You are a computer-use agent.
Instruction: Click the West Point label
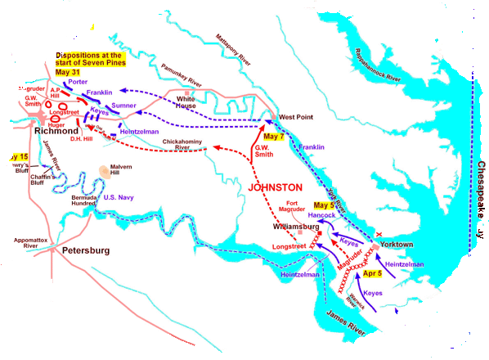click(x=296, y=117)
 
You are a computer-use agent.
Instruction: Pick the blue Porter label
click(x=79, y=82)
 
